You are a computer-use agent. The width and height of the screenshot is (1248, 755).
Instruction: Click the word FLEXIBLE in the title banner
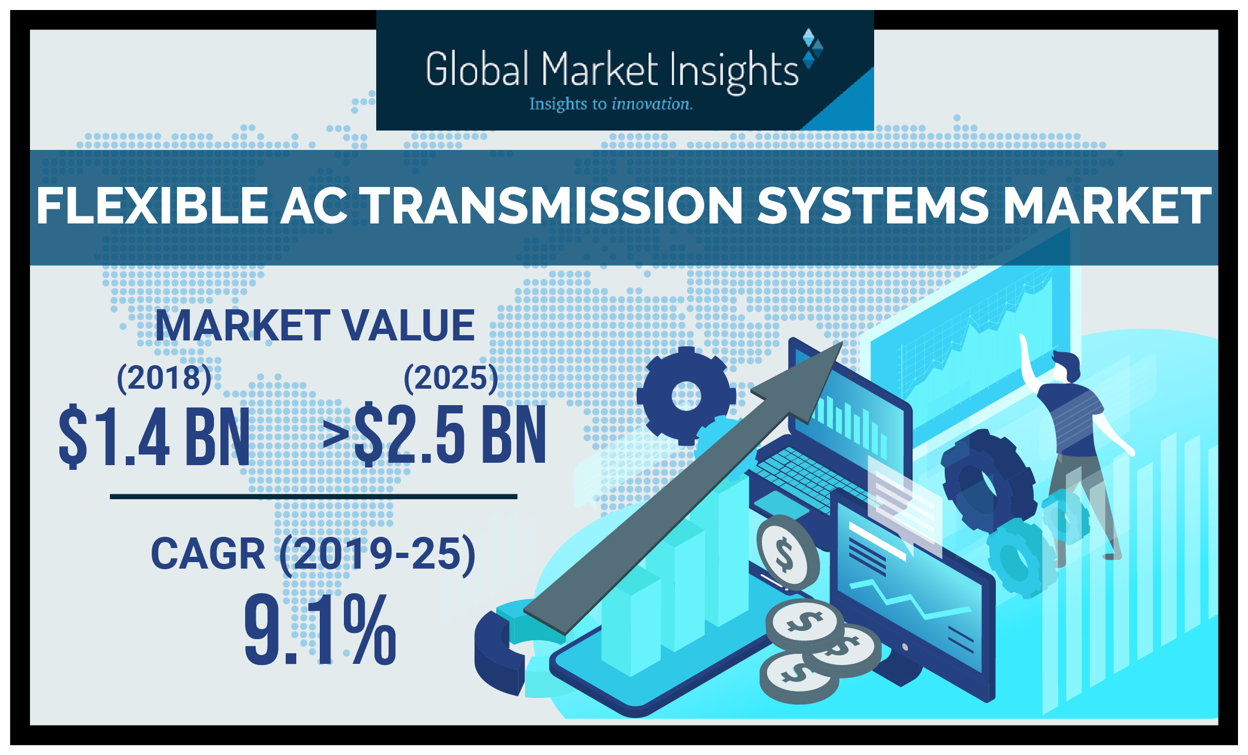coord(153,206)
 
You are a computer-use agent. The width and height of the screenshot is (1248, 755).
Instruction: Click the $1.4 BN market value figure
coord(155,436)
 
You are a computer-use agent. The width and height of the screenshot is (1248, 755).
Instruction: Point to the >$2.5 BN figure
coord(434,435)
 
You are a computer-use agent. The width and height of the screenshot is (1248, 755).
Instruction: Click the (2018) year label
coord(164,377)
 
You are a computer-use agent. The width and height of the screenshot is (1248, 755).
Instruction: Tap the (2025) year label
coord(451,377)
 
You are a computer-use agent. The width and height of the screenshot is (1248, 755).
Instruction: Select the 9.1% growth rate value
coord(320,629)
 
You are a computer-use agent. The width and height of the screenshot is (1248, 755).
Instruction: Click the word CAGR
coord(208,554)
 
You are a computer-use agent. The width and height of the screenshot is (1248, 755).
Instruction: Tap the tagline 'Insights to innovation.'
coord(611,104)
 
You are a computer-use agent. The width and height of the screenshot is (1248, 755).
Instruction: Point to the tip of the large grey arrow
coord(843,342)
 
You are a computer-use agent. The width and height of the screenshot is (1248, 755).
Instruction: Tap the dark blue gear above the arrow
coord(686,396)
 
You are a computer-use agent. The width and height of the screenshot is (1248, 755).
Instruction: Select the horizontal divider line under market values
coord(313,497)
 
